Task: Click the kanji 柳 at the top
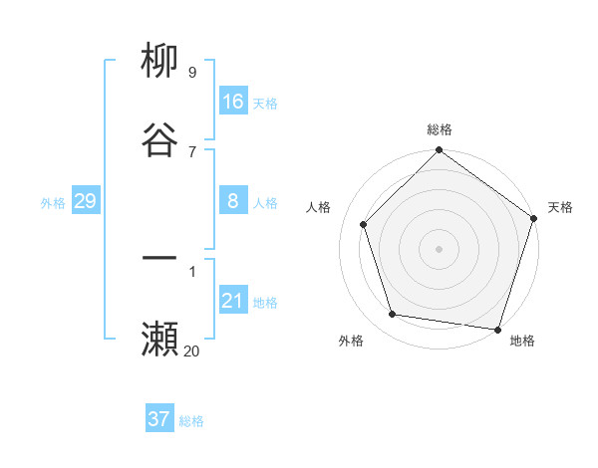[x=160, y=61]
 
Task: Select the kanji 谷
[x=160, y=140]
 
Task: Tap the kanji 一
[x=160, y=258]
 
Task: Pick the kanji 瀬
[x=160, y=339]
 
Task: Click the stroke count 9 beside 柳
[x=191, y=72]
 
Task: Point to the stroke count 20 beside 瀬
[x=191, y=351]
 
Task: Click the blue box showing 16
[x=233, y=102]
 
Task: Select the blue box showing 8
[x=233, y=201]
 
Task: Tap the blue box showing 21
[x=233, y=301]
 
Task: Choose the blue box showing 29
[x=85, y=201]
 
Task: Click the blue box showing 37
[x=159, y=419]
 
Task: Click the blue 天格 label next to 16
[x=265, y=104]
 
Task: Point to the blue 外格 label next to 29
[x=53, y=203]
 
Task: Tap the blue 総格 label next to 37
[x=191, y=421]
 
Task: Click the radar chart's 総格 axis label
[x=440, y=129]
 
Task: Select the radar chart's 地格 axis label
[x=522, y=341]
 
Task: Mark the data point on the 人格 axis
[x=364, y=224]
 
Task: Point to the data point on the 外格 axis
[x=394, y=315]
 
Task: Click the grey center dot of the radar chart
[x=440, y=248]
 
